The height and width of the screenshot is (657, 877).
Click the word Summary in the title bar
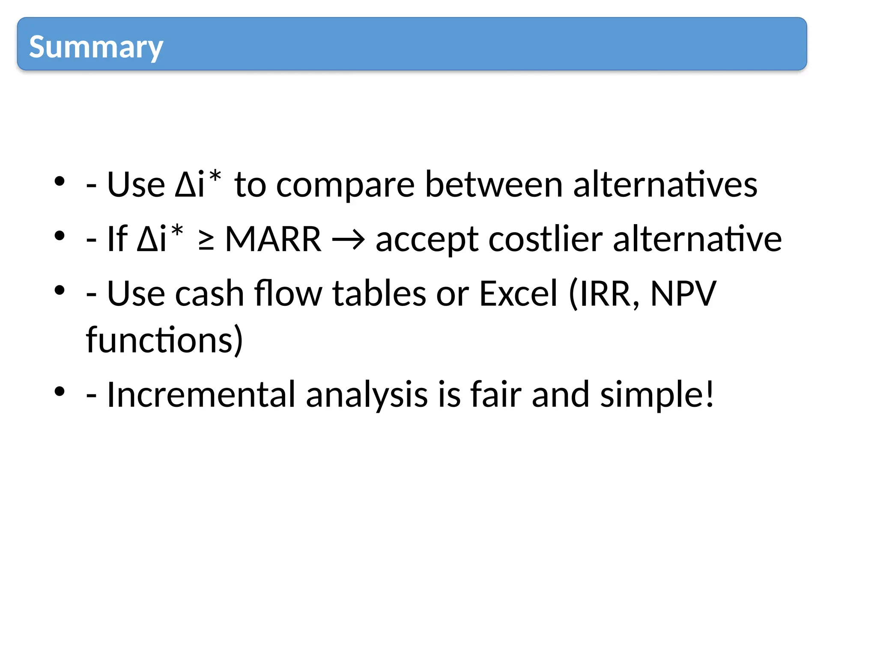(96, 47)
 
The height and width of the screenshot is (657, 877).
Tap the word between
(493, 185)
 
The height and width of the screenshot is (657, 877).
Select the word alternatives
(665, 185)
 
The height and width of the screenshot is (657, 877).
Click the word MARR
(273, 240)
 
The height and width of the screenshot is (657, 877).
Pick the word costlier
(546, 240)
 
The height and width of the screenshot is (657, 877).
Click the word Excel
(518, 294)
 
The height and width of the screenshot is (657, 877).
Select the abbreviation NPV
(683, 294)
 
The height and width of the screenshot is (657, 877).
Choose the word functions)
(164, 340)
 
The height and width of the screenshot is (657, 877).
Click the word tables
(379, 294)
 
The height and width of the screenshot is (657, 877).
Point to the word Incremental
(201, 394)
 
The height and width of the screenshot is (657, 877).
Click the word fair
(495, 394)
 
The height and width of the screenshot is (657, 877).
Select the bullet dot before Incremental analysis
(60, 391)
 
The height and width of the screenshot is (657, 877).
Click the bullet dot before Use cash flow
(60, 290)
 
